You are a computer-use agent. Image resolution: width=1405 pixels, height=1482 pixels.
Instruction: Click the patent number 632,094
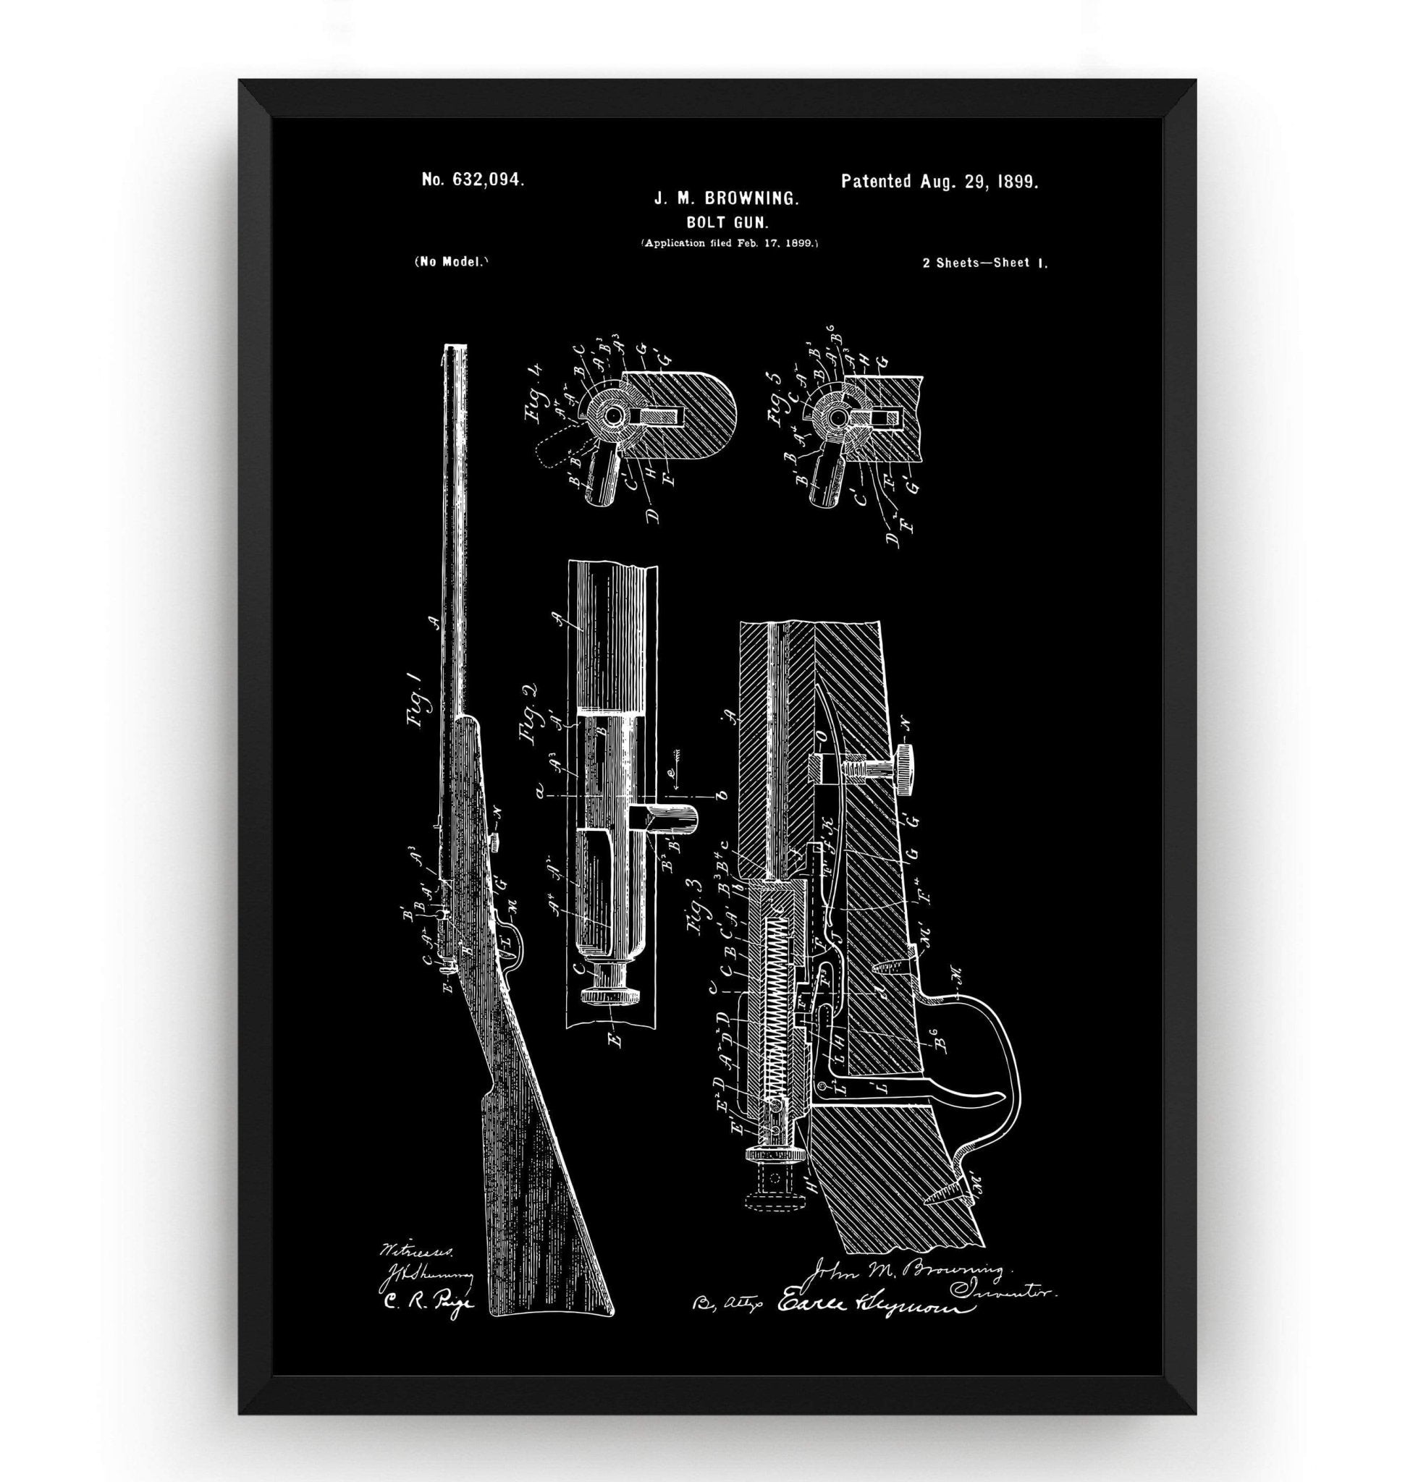pyautogui.click(x=473, y=179)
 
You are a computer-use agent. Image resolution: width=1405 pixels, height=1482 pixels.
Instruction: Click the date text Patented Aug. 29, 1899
pyautogui.click(x=939, y=181)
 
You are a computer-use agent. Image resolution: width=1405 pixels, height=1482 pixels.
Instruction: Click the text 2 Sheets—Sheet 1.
pyautogui.click(x=985, y=263)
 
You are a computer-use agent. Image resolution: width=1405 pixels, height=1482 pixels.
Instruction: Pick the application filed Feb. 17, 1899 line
pyautogui.click(x=729, y=242)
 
